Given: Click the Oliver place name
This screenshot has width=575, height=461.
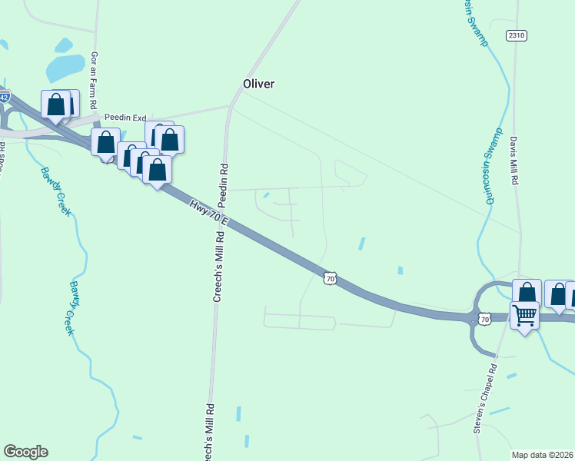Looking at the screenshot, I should [x=258, y=84].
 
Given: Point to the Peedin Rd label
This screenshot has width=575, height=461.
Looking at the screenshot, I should [x=224, y=187].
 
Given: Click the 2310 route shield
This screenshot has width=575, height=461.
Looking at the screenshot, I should [x=516, y=35].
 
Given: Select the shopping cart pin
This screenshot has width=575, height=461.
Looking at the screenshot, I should [x=524, y=315].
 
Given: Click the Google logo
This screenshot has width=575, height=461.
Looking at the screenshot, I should [x=25, y=452].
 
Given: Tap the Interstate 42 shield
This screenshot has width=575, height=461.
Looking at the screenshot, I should [x=5, y=98].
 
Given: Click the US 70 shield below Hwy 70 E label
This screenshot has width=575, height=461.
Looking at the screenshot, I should [x=329, y=278].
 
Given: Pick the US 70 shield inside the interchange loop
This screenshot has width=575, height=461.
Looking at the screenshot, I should [x=484, y=317].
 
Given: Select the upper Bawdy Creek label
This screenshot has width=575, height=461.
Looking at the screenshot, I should [x=56, y=191].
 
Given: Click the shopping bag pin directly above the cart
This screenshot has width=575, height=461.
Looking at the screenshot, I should [x=527, y=292].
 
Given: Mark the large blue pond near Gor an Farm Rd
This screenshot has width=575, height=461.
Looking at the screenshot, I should [x=65, y=68].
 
